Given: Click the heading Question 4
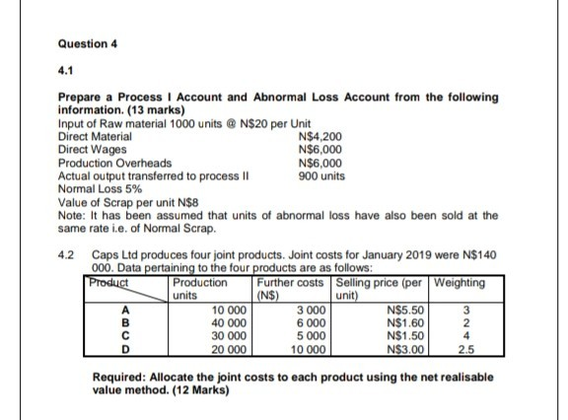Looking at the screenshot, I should (x=89, y=45).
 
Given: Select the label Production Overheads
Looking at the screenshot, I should (x=115, y=162).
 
